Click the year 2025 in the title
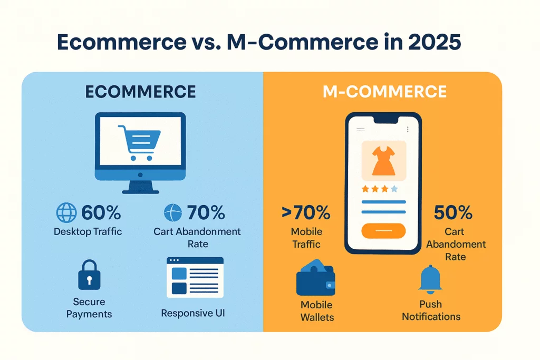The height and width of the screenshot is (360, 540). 435,42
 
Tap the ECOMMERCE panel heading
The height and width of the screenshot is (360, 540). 140,92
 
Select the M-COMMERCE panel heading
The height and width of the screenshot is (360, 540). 384,92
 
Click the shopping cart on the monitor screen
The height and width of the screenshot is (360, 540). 139,142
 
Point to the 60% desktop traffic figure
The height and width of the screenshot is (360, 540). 101,212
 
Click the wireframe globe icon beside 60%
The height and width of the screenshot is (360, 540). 66,212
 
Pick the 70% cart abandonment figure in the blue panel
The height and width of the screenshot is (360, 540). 206,212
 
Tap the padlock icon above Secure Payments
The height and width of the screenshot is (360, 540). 89,275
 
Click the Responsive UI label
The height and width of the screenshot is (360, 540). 193,313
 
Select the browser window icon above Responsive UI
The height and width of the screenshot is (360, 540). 195,277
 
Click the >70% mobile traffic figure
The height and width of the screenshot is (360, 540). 306,212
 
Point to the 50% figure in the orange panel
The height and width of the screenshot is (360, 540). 453,212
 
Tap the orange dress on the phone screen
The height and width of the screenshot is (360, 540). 384,161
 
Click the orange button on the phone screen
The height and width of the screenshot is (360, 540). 383,230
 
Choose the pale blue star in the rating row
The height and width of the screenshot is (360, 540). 394,189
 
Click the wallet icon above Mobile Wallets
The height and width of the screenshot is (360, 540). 315,278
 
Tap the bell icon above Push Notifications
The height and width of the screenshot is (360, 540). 430,279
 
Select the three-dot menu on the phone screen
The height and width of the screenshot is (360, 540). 408,129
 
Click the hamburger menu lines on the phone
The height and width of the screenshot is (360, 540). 361,130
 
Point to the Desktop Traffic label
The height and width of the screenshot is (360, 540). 88,231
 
